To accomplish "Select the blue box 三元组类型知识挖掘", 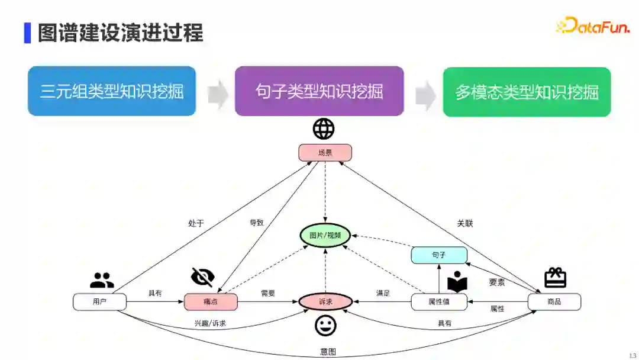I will [x=112, y=91].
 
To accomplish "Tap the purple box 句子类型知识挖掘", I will [x=319, y=91].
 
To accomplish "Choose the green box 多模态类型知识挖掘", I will [x=527, y=92].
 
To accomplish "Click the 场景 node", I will [x=325, y=153].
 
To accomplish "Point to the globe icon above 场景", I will [x=324, y=128].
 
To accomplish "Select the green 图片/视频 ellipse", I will [x=325, y=235].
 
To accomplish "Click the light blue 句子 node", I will [x=438, y=255].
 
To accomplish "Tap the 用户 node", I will [x=99, y=301].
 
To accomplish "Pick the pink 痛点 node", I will [x=211, y=301].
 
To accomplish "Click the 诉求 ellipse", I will [x=325, y=301].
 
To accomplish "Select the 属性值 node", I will [x=438, y=301].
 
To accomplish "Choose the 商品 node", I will [x=554, y=301].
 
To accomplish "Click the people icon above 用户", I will [x=102, y=280].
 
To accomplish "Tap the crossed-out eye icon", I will [x=202, y=277].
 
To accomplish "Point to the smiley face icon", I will [x=325, y=326].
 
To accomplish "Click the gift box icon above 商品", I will [x=555, y=277].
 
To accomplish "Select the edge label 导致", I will [x=256, y=223].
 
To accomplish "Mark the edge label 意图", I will [x=328, y=352].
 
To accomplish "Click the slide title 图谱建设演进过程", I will [x=120, y=33].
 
